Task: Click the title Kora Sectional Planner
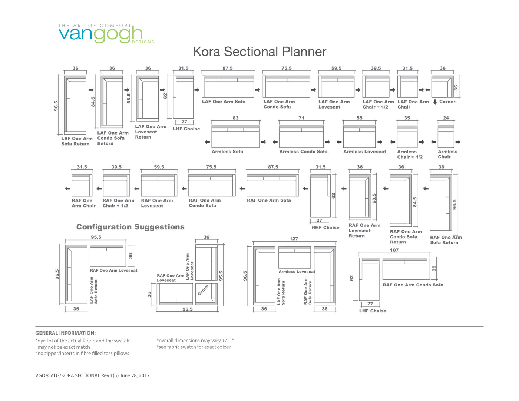coord(259,52)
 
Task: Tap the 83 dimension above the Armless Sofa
coord(235,118)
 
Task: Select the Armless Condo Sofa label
coord(303,152)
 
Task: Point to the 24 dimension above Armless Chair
coord(446,118)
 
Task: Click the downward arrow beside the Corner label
coord(435,102)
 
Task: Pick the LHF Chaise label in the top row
coord(186,129)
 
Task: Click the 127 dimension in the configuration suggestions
coord(294,239)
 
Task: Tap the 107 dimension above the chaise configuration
coord(394,250)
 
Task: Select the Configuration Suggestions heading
coord(130,227)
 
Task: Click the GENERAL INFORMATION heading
coord(66,333)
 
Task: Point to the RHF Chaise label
coord(325,228)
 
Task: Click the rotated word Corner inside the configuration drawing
coord(203,290)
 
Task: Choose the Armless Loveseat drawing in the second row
coord(359,136)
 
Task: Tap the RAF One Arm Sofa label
coord(269,201)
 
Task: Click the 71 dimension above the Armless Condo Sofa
coord(301,118)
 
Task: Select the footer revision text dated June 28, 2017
coord(92,375)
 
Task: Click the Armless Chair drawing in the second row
coord(446,136)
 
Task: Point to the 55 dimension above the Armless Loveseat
coord(359,118)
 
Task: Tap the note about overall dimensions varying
coord(195,341)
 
